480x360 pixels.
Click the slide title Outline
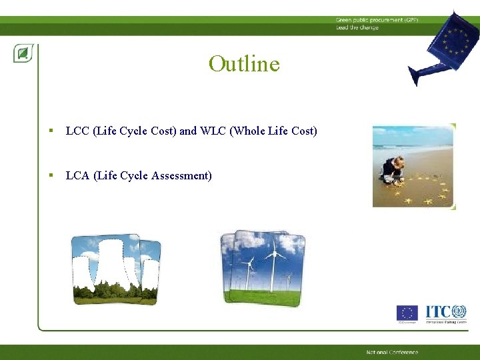click(x=244, y=64)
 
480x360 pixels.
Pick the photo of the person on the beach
click(x=413, y=165)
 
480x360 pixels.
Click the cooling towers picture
click(x=116, y=269)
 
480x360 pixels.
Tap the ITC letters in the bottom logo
click(x=437, y=311)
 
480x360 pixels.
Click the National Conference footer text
click(x=392, y=352)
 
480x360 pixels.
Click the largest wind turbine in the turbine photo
click(x=273, y=263)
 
